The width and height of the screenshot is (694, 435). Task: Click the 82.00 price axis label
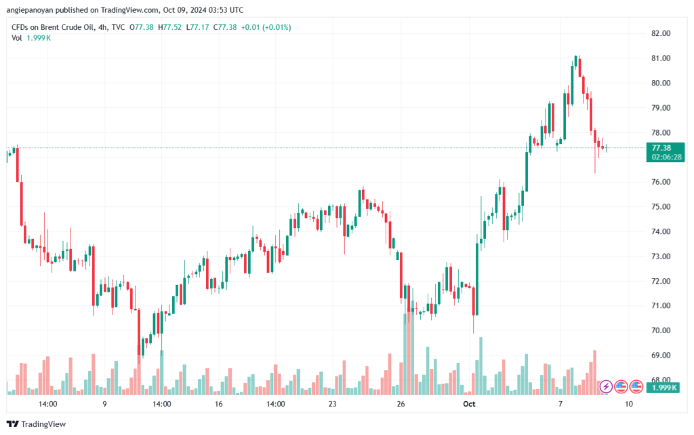point(661,33)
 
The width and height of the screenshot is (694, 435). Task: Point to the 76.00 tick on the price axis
point(661,182)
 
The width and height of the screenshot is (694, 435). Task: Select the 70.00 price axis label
point(661,330)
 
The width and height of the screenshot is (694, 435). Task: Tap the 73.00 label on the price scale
point(661,257)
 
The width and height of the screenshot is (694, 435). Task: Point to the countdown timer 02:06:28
point(666,157)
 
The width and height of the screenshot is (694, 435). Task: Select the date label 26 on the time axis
point(401,404)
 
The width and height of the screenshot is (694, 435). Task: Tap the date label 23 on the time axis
point(332,404)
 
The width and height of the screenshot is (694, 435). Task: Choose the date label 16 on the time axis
point(218,404)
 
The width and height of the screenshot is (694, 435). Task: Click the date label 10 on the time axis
point(630,404)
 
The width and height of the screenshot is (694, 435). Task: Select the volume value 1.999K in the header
point(39,37)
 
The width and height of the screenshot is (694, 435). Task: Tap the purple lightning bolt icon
point(607,386)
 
